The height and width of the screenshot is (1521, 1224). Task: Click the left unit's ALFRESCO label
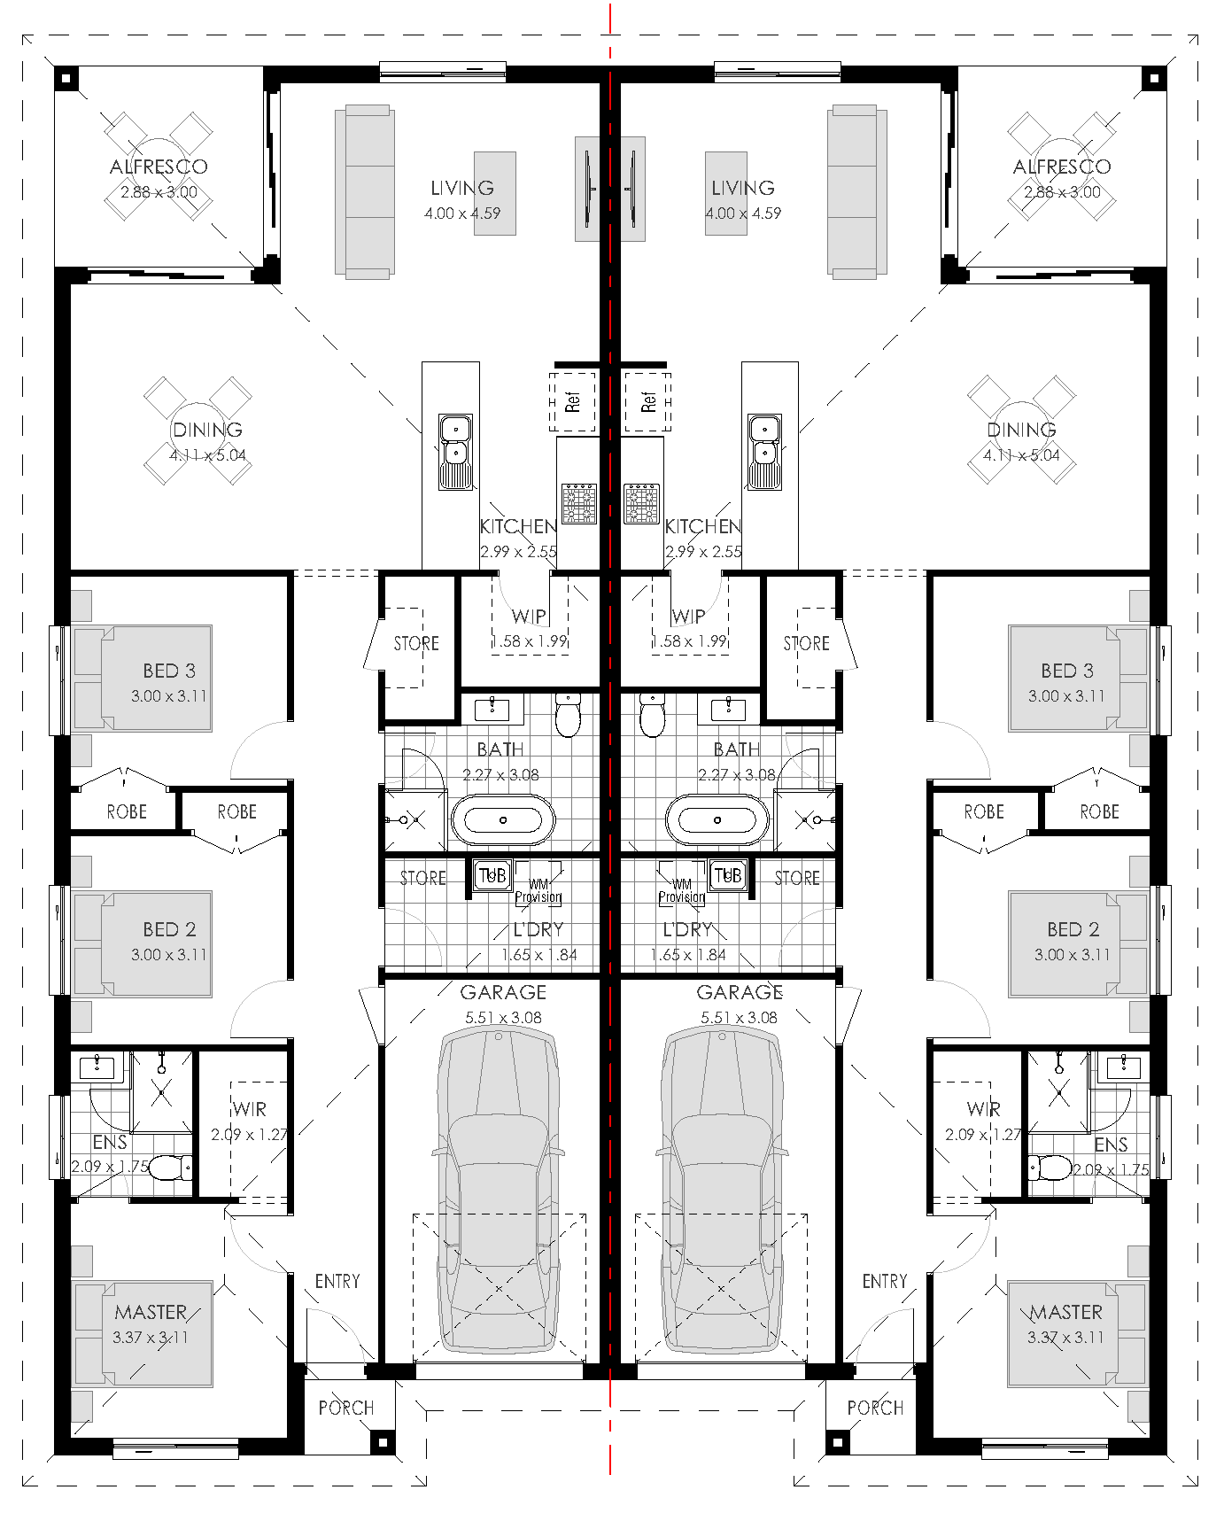[159, 167]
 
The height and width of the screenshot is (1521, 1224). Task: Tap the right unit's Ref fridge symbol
[647, 401]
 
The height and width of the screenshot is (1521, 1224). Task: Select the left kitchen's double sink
[455, 452]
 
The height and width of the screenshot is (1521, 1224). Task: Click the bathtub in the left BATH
[503, 820]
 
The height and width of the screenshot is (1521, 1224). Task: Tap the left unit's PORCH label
[345, 1408]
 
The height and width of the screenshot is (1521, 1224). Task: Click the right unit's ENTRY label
[884, 1281]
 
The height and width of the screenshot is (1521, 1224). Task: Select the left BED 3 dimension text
[168, 696]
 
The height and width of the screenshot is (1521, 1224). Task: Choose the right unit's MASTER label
[1065, 1312]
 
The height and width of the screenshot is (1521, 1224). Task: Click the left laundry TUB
[491, 875]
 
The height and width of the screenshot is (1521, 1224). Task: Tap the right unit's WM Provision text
[681, 890]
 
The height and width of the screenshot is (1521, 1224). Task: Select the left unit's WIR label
[250, 1109]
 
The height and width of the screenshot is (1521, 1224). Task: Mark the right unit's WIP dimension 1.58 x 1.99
[689, 641]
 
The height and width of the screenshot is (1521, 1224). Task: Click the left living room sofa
[363, 190]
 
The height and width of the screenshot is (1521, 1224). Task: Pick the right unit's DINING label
[1021, 430]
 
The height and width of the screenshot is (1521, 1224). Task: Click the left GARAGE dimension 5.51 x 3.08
[503, 1018]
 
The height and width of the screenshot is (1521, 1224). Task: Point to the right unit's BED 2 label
[1073, 929]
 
